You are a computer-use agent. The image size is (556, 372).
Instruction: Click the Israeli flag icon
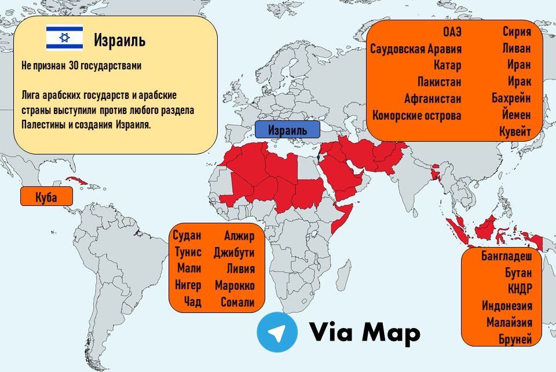64,38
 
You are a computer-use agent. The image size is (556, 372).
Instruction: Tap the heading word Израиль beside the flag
120,40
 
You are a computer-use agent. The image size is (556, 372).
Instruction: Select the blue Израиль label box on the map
287,129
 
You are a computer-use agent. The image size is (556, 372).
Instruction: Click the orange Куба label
46,197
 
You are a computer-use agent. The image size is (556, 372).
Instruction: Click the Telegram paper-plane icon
277,332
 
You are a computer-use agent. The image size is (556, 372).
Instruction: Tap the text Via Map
364,332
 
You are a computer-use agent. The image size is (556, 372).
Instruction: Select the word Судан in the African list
187,235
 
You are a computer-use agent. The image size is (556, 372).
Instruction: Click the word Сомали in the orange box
237,302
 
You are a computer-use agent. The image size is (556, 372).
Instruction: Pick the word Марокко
235,286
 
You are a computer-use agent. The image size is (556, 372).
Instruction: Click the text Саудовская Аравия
416,48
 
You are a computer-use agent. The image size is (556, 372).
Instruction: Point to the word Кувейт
515,132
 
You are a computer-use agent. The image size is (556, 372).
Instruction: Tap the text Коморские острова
417,115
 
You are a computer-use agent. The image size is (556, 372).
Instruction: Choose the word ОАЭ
452,31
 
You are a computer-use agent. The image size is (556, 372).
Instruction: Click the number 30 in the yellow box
74,66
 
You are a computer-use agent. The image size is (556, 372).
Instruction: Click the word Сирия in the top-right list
517,31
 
